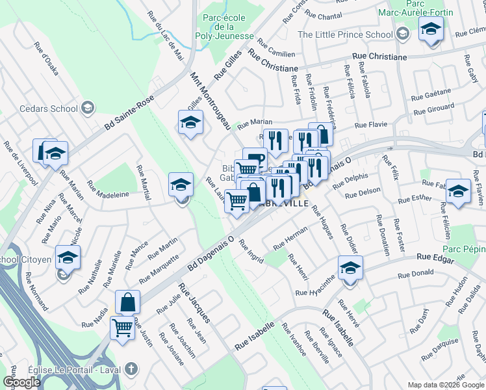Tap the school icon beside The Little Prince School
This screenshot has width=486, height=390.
click(x=403, y=34)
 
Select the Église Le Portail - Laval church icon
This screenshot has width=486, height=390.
click(x=131, y=369)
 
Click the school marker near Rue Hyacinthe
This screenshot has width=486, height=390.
click(x=350, y=268)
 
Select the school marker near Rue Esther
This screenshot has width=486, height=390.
click(x=458, y=190)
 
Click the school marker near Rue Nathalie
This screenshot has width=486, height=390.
click(x=68, y=258)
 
